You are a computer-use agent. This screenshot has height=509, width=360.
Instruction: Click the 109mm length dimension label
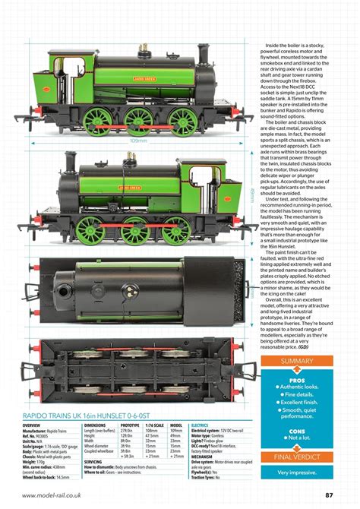click(x=138, y=141)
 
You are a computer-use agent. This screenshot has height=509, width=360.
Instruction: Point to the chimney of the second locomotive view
click(x=71, y=163)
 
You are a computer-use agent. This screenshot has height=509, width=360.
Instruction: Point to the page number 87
click(x=330, y=495)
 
